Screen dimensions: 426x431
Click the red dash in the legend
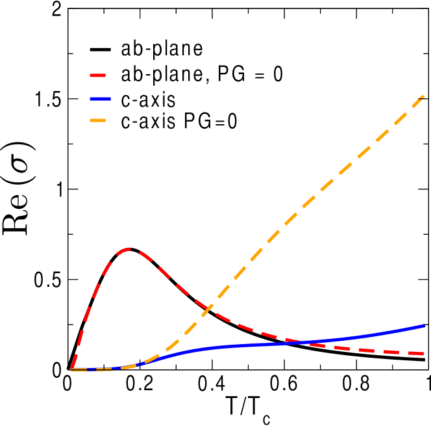click(x=97, y=75)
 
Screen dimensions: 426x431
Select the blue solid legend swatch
click(x=100, y=99)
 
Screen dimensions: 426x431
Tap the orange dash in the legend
click(x=97, y=120)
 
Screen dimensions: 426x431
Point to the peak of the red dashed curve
click(x=130, y=248)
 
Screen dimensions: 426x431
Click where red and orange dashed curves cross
click(x=208, y=308)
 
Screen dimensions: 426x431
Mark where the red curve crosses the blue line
click(x=302, y=342)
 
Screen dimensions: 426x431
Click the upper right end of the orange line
click(x=423, y=96)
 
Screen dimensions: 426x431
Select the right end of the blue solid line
click(x=424, y=325)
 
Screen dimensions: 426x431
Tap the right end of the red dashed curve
click(x=423, y=354)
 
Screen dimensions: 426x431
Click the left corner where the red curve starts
click(x=71, y=369)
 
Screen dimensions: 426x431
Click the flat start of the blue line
click(x=97, y=369)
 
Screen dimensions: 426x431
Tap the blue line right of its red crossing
click(x=363, y=336)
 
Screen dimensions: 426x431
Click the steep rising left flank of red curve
click(x=88, y=312)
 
